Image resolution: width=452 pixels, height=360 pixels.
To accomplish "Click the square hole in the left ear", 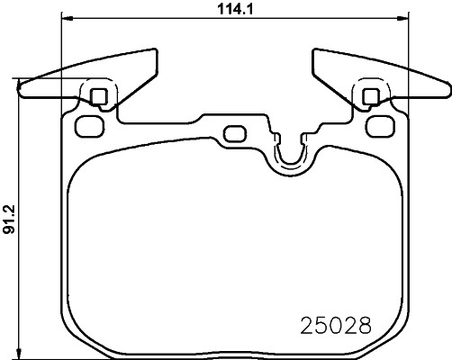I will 99,96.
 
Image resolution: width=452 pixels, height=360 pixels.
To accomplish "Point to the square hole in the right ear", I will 369,96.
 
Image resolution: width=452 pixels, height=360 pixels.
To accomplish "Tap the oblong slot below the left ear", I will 87,124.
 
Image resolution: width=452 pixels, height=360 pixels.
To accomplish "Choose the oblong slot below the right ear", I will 380,124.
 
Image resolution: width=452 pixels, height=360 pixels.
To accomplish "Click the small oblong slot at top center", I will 233,134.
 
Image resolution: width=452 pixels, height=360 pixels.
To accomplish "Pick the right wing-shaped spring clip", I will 378,76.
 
